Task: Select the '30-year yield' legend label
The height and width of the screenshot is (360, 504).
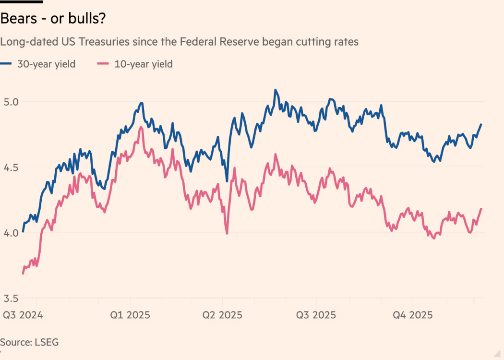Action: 47,64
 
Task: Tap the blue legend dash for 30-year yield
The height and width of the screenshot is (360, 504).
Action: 6,64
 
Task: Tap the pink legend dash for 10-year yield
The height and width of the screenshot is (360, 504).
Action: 103,64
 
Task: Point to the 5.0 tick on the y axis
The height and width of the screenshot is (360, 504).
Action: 11,102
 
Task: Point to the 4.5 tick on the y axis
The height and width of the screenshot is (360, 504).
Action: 11,168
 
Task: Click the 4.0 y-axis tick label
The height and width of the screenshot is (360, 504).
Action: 11,233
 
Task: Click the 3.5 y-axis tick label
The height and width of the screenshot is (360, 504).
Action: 11,299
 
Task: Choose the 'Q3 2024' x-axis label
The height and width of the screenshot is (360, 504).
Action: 23,315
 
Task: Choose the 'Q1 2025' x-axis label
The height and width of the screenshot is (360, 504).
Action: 130,315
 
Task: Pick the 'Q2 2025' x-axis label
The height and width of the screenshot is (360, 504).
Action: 222,315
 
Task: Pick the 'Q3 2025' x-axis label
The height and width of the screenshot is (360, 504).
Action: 316,315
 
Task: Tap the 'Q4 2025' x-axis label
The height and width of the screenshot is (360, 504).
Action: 413,315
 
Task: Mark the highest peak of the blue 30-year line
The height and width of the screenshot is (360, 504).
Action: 275,90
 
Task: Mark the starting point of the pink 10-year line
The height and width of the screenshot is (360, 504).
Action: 23,274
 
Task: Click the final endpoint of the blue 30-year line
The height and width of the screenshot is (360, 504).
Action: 481,124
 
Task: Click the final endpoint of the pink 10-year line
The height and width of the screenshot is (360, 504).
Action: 481,208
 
